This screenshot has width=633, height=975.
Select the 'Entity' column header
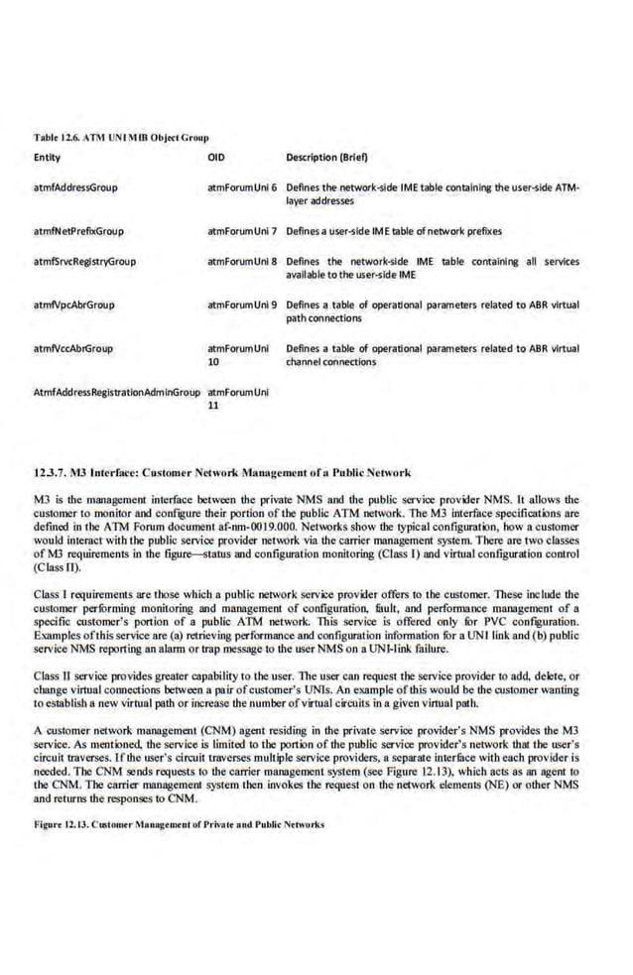tap(47, 158)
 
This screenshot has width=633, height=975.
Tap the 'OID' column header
tap(216, 158)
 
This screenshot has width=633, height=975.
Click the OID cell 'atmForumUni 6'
tap(242, 186)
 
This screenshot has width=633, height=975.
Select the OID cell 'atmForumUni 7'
tap(242, 231)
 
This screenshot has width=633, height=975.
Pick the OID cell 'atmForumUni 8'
tap(242, 262)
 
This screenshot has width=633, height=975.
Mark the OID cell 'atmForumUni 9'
tap(242, 305)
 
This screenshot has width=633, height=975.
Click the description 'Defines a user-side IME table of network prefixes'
tap(393, 231)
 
